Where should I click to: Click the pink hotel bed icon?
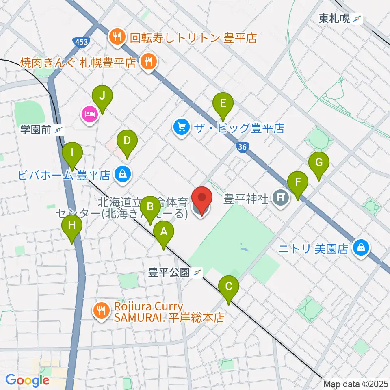[89, 114]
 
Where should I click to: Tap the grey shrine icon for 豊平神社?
[281, 198]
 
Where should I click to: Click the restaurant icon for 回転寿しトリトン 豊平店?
[117, 38]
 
